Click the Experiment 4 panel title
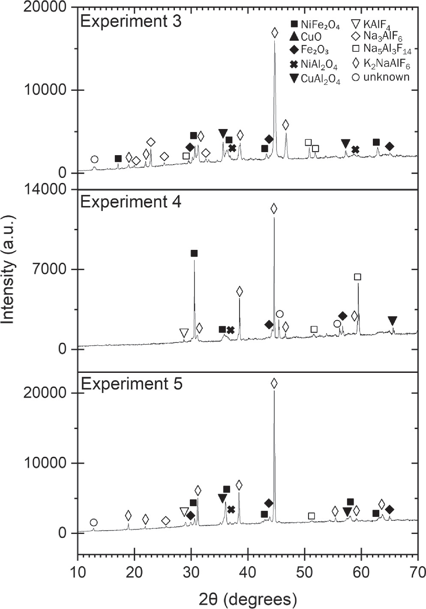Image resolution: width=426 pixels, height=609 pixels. (x=131, y=202)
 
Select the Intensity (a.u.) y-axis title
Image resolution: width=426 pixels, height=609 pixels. (x=8, y=270)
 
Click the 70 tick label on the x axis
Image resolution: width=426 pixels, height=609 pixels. (x=417, y=571)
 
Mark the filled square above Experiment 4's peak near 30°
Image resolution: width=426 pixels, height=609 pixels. (x=194, y=254)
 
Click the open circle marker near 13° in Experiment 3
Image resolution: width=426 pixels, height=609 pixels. (x=94, y=159)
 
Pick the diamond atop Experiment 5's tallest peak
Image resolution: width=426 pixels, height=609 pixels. (x=274, y=384)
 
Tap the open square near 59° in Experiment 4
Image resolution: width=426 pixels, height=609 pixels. (x=357, y=277)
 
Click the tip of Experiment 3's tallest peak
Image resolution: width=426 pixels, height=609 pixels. (x=274, y=41)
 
